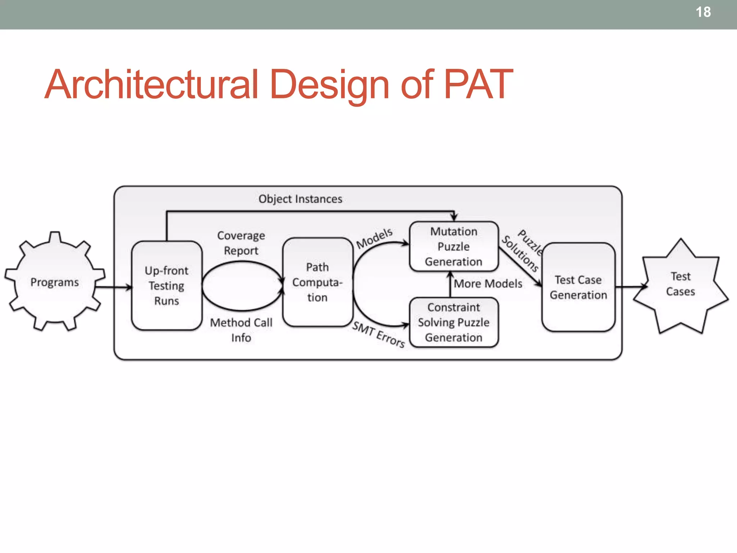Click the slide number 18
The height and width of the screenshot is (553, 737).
(x=703, y=12)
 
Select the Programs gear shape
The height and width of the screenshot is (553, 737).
(x=55, y=282)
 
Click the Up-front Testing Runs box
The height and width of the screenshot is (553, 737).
(x=167, y=286)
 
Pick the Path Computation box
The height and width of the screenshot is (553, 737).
(x=317, y=282)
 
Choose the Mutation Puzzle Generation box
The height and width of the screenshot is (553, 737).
(x=454, y=247)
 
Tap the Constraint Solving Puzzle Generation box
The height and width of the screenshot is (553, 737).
(x=454, y=323)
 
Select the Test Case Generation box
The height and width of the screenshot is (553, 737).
(x=578, y=287)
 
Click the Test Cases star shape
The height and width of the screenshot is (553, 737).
(x=681, y=284)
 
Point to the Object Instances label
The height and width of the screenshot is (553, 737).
(x=300, y=199)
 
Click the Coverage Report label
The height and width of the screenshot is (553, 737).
(x=241, y=243)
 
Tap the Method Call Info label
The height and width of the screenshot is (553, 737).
(x=241, y=330)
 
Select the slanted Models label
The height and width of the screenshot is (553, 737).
(x=374, y=238)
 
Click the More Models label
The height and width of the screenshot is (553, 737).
(x=488, y=284)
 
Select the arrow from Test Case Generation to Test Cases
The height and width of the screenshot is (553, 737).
(x=630, y=287)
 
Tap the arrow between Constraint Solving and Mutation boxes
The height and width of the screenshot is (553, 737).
(x=450, y=284)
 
